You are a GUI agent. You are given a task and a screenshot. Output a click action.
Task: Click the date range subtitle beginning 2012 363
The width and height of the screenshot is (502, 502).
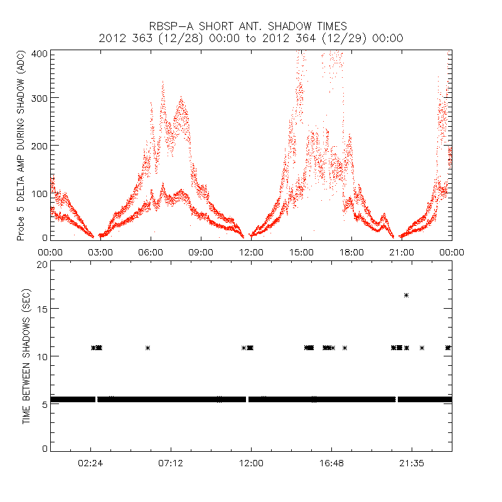250,38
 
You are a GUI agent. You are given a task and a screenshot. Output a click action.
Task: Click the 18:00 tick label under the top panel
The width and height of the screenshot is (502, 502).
351,252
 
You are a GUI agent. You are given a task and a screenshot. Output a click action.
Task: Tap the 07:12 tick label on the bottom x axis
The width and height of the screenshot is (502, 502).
171,463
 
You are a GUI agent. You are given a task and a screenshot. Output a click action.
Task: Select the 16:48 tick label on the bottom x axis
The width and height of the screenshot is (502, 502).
331,463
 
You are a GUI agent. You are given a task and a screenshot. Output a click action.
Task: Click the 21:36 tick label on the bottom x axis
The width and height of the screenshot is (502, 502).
412,463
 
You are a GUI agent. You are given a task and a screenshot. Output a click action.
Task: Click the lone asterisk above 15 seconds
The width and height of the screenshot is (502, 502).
407,295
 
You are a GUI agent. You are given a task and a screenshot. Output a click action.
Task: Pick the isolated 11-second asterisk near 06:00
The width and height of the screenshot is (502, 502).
148,348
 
